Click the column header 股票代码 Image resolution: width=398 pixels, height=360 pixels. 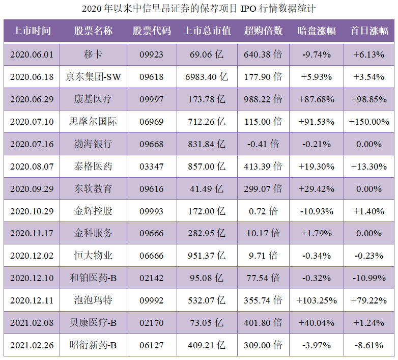[152, 31]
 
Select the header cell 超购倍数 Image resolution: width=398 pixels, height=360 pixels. [263, 31]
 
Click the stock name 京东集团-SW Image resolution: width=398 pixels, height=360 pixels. [93, 77]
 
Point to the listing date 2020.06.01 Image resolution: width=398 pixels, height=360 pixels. [32, 54]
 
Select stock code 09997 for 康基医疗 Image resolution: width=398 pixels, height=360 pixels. [152, 99]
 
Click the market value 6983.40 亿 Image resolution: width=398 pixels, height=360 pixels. [207, 77]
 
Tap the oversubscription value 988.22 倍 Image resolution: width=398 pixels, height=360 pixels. [263, 99]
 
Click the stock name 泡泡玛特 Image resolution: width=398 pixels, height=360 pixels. [93, 301]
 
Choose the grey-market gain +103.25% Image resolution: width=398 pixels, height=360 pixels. [316, 301]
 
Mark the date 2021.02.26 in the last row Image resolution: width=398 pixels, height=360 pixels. [32, 346]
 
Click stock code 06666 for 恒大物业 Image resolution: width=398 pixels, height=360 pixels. [152, 256]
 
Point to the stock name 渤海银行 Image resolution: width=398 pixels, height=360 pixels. [93, 144]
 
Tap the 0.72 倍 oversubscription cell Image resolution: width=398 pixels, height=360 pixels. [263, 211]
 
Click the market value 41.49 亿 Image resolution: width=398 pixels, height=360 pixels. [207, 188]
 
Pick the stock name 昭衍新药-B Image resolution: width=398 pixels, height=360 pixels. [93, 346]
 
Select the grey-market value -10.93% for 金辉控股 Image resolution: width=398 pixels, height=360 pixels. [316, 211]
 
